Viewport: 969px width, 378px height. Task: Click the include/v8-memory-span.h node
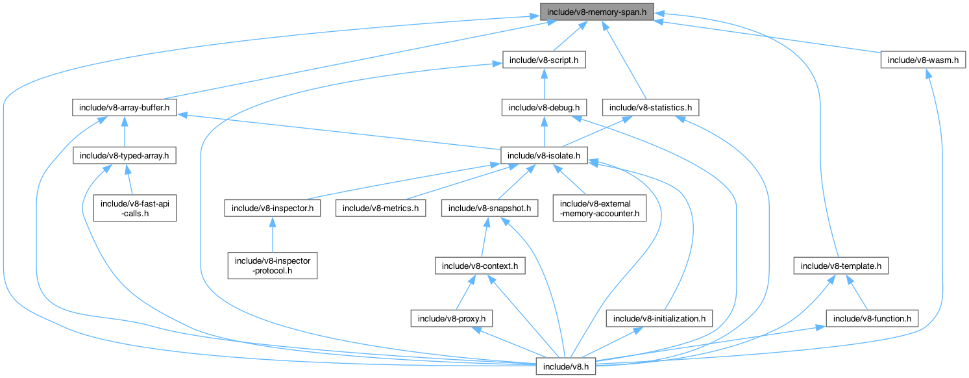point(595,12)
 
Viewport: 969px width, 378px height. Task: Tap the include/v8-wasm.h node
point(923,60)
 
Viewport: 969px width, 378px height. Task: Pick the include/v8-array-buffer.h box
point(124,107)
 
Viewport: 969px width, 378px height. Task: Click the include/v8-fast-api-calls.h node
point(134,208)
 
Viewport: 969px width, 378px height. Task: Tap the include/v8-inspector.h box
point(273,208)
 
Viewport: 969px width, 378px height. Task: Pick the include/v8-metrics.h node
point(380,208)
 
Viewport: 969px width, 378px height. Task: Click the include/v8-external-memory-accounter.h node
point(600,208)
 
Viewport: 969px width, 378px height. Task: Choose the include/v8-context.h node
point(480,266)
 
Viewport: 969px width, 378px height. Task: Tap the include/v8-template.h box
point(840,266)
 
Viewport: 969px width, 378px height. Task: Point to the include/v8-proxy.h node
point(452,319)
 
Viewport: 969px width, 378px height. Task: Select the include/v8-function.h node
point(872,319)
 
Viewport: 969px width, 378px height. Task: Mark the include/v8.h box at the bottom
point(565,367)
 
